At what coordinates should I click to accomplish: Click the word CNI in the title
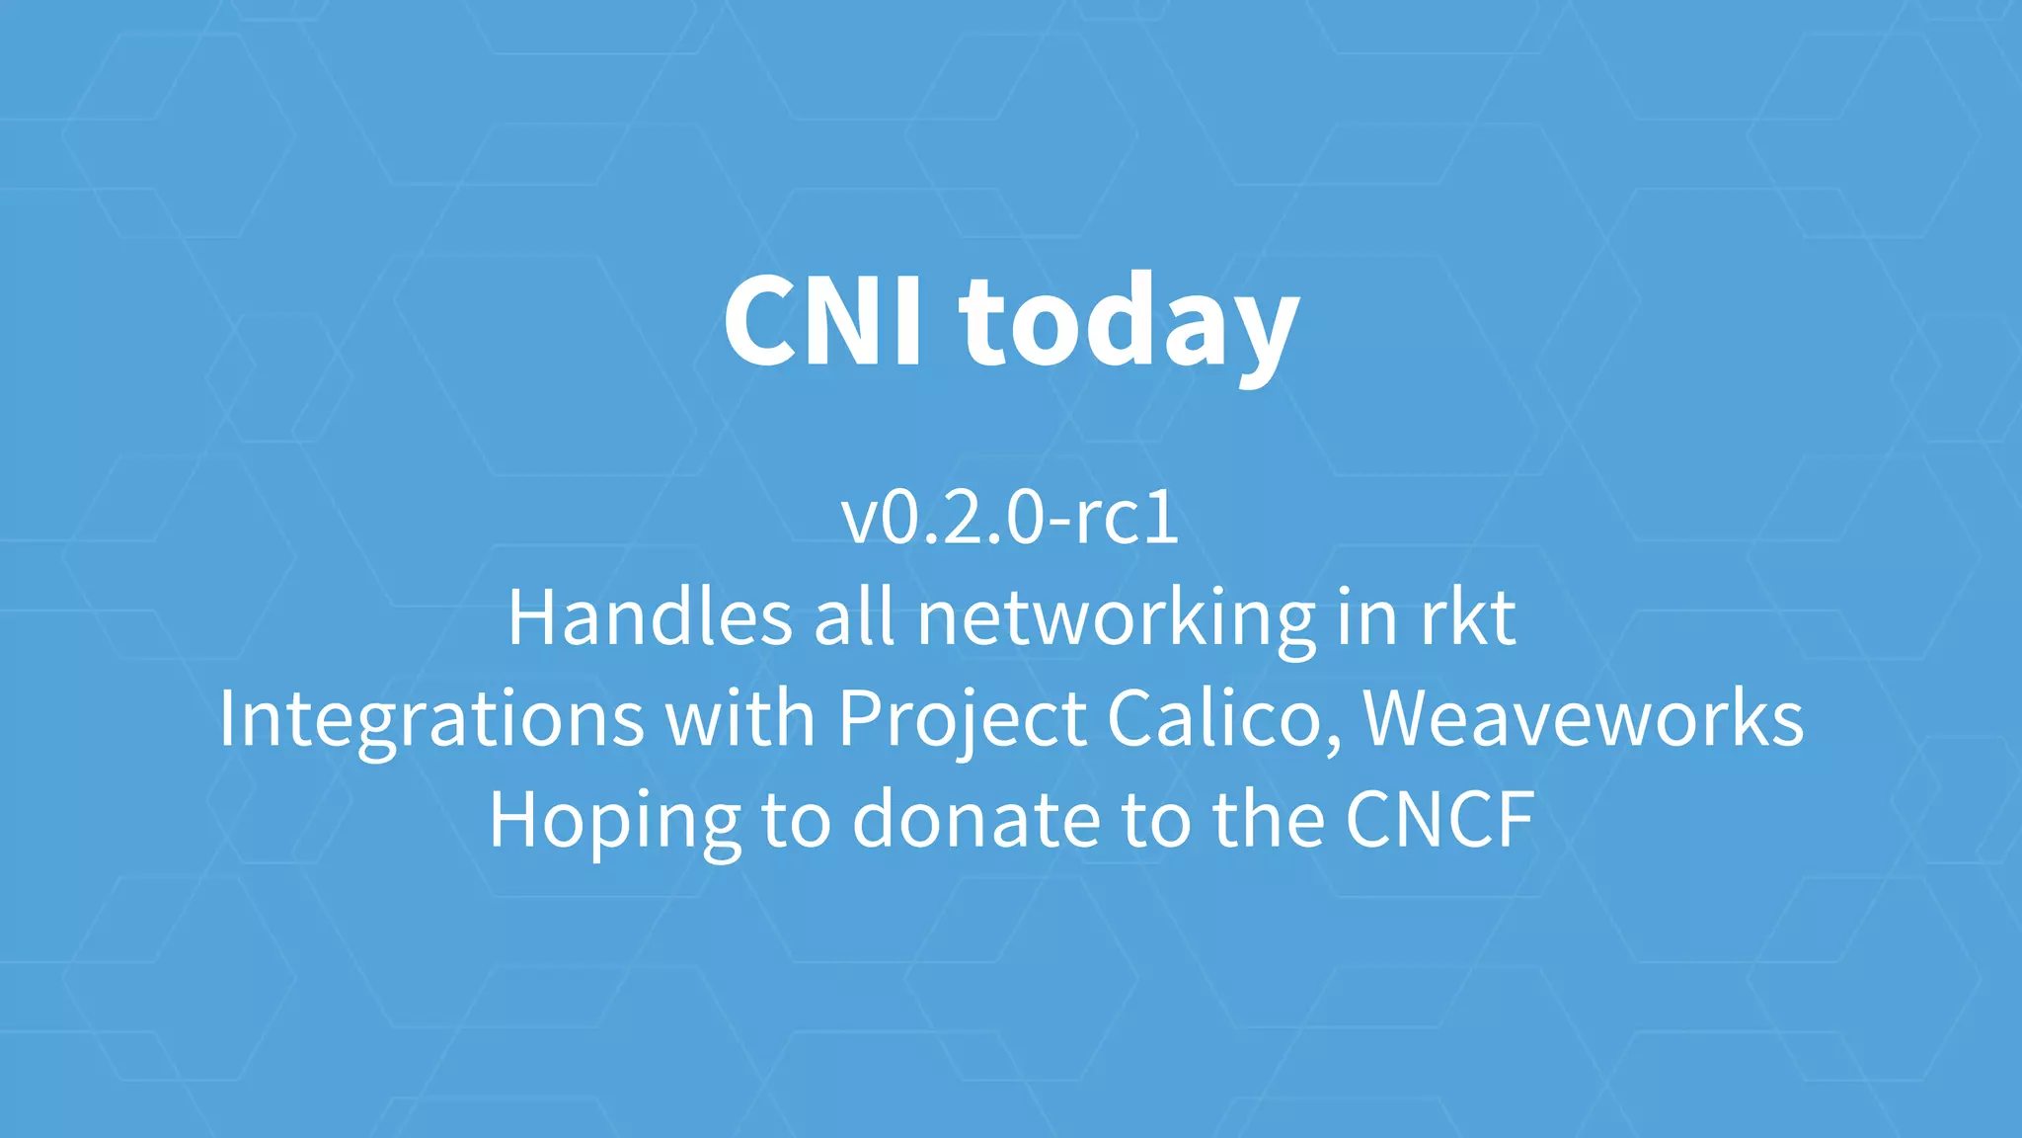[x=823, y=320]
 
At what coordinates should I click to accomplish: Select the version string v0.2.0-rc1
[x=1010, y=518]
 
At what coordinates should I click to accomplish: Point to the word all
[x=854, y=617]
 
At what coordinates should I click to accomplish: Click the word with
[x=740, y=718]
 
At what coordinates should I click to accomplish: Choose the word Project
[x=963, y=720]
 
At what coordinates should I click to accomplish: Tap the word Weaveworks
[x=1584, y=718]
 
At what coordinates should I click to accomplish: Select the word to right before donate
[x=796, y=819]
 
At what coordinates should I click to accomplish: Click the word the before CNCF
[x=1268, y=819]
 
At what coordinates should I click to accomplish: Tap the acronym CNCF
[x=1439, y=819]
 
